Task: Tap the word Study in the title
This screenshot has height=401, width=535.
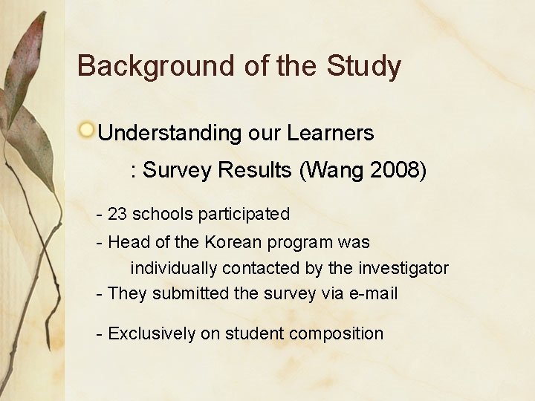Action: (x=363, y=67)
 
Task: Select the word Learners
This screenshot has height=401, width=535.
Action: (x=331, y=133)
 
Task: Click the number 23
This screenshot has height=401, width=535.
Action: (x=117, y=215)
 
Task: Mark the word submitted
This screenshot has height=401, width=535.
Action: (x=191, y=293)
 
